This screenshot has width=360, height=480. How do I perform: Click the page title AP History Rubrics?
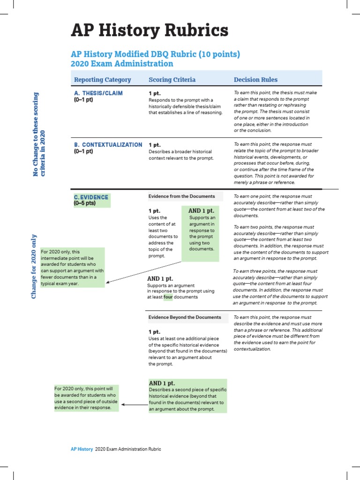(x=150, y=31)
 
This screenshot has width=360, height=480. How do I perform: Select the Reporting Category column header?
(x=103, y=80)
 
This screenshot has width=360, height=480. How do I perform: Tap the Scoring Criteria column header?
(x=172, y=80)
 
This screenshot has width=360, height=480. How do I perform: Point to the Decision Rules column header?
(x=255, y=80)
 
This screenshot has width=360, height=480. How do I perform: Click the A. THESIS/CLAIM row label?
(x=98, y=93)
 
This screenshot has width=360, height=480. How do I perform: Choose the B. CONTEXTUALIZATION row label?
(x=108, y=144)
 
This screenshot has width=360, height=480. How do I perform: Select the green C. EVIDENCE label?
(x=91, y=197)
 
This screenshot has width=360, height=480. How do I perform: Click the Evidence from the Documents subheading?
(x=182, y=196)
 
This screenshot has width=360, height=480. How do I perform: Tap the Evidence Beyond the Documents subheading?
(x=185, y=317)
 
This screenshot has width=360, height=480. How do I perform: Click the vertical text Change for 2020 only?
(x=34, y=266)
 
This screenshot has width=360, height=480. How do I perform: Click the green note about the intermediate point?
(x=72, y=268)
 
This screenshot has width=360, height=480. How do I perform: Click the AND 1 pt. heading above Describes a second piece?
(x=162, y=383)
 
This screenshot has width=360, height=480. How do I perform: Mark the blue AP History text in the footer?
(x=82, y=449)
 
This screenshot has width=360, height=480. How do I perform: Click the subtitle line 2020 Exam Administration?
(x=121, y=64)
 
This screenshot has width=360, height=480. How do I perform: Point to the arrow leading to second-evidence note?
(x=134, y=404)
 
